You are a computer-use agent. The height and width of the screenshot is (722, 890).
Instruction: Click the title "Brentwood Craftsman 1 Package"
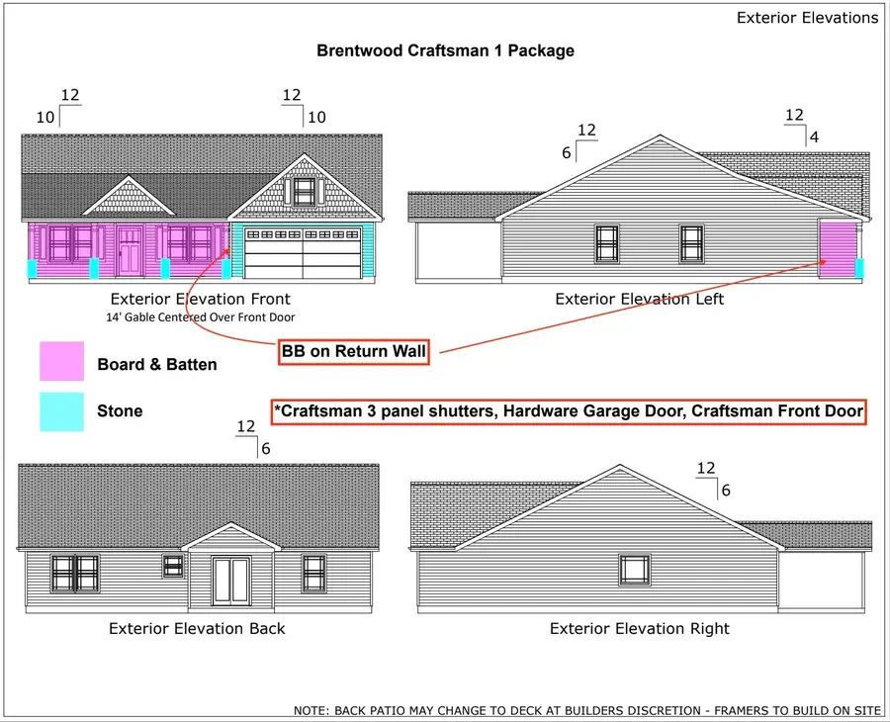click(x=445, y=50)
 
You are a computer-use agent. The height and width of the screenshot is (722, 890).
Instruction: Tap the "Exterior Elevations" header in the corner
click(x=807, y=18)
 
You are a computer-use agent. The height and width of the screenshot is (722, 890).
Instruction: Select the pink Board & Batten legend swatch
click(x=61, y=361)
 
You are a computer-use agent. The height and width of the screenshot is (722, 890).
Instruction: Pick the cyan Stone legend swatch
click(x=61, y=411)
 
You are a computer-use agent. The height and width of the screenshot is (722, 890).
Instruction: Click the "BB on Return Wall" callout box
click(x=353, y=352)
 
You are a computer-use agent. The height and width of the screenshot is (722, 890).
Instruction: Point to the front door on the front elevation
click(x=130, y=250)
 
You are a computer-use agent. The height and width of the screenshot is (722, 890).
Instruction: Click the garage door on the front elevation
click(x=304, y=252)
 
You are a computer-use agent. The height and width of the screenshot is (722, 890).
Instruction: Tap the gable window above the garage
click(x=305, y=191)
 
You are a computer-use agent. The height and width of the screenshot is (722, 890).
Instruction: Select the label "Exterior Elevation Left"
click(x=639, y=299)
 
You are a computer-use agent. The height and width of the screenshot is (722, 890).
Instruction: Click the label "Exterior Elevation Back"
click(x=197, y=628)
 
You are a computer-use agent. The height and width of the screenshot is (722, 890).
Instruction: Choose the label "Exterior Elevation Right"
click(x=639, y=628)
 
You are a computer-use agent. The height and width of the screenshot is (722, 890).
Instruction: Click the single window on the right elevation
click(x=635, y=570)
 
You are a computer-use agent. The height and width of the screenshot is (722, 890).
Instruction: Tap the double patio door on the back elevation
click(x=231, y=581)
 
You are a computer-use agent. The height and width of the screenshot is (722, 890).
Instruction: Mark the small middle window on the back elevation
click(x=173, y=566)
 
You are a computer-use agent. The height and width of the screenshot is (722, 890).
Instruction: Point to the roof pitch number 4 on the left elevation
click(x=814, y=136)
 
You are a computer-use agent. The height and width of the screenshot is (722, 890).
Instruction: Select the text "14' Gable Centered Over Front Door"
click(x=201, y=317)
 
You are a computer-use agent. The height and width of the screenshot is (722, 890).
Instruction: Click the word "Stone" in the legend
click(x=120, y=411)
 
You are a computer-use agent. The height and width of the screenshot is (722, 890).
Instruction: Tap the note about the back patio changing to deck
click(x=586, y=710)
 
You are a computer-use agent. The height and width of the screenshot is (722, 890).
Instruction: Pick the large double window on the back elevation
click(x=75, y=574)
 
